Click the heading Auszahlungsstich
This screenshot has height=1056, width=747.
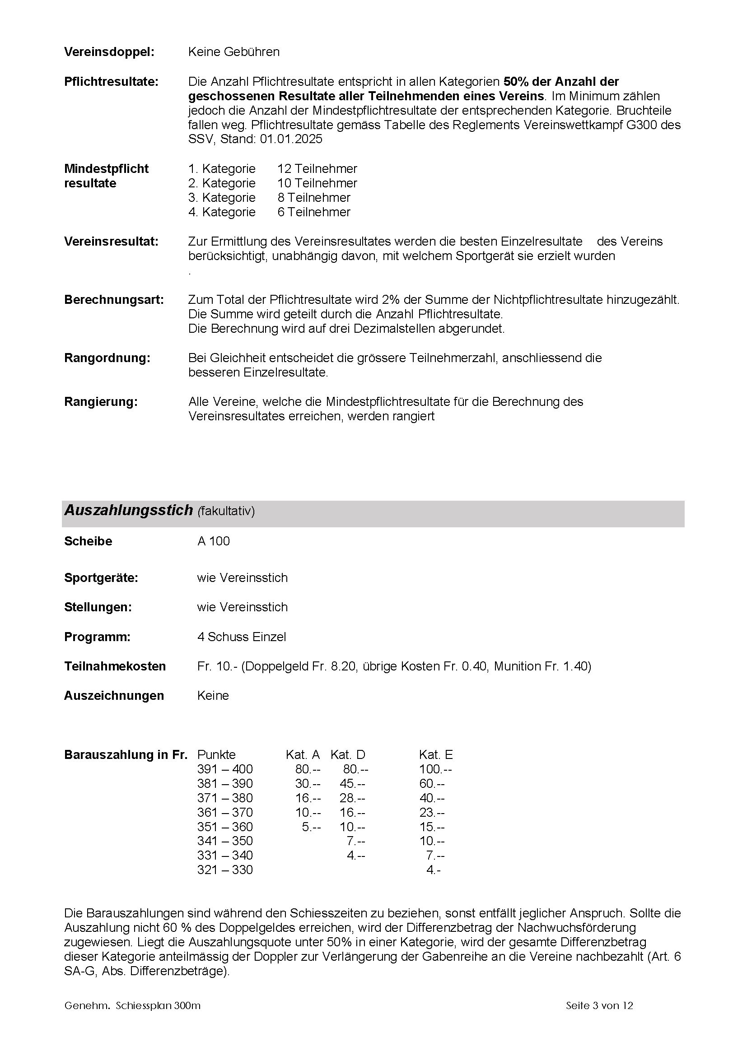(x=128, y=510)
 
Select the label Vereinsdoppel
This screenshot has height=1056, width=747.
(x=109, y=52)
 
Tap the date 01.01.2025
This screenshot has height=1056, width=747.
(x=291, y=139)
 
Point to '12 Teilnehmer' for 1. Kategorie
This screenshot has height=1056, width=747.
(x=317, y=169)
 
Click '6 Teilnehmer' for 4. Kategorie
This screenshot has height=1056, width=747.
(x=314, y=212)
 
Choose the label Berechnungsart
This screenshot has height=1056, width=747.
(x=114, y=300)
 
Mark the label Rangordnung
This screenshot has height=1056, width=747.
(x=107, y=358)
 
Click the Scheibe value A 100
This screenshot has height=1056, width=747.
(x=214, y=541)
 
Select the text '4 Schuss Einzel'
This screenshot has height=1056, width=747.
(x=242, y=637)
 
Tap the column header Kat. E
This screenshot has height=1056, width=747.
(x=435, y=755)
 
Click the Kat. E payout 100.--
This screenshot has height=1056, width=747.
(x=435, y=769)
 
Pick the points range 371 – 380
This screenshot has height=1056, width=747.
(x=225, y=798)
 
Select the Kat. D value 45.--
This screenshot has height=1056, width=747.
(x=352, y=784)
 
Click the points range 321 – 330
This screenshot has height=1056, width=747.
(x=225, y=870)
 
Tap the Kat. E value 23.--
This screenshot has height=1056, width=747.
(x=432, y=813)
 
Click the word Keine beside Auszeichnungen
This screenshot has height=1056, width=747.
(x=213, y=695)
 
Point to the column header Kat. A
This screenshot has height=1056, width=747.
(x=303, y=755)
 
